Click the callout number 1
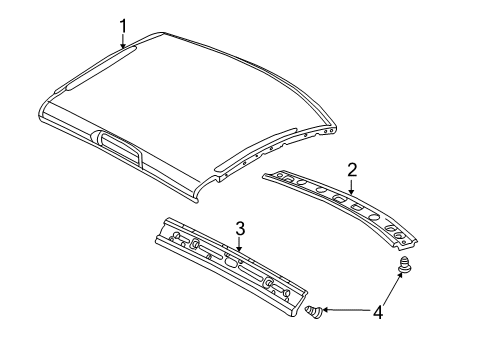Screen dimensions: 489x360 pyautogui.click(x=124, y=25)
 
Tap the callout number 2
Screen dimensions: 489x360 pyautogui.click(x=352, y=169)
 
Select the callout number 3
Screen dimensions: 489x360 pyautogui.click(x=240, y=229)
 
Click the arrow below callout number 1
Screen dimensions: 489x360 pyautogui.click(x=124, y=42)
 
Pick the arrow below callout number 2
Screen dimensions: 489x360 pyautogui.click(x=352, y=185)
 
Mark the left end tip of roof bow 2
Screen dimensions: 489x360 pyautogui.click(x=265, y=176)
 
